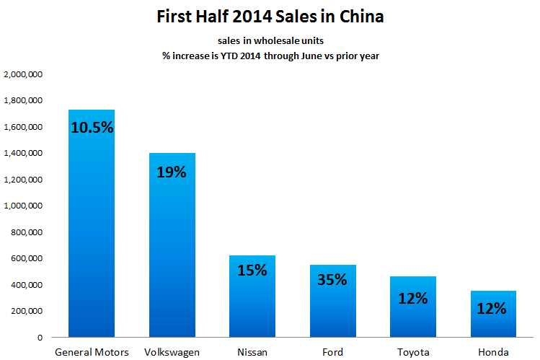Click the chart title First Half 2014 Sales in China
270,16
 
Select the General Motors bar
92,231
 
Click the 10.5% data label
92,128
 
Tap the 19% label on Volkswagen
172,172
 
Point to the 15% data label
252,271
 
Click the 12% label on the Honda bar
492,308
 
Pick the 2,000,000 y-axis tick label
25,74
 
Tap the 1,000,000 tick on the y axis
25,206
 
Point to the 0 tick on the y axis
40,338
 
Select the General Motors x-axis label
92,352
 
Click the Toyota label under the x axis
412,352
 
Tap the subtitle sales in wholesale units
270,41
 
